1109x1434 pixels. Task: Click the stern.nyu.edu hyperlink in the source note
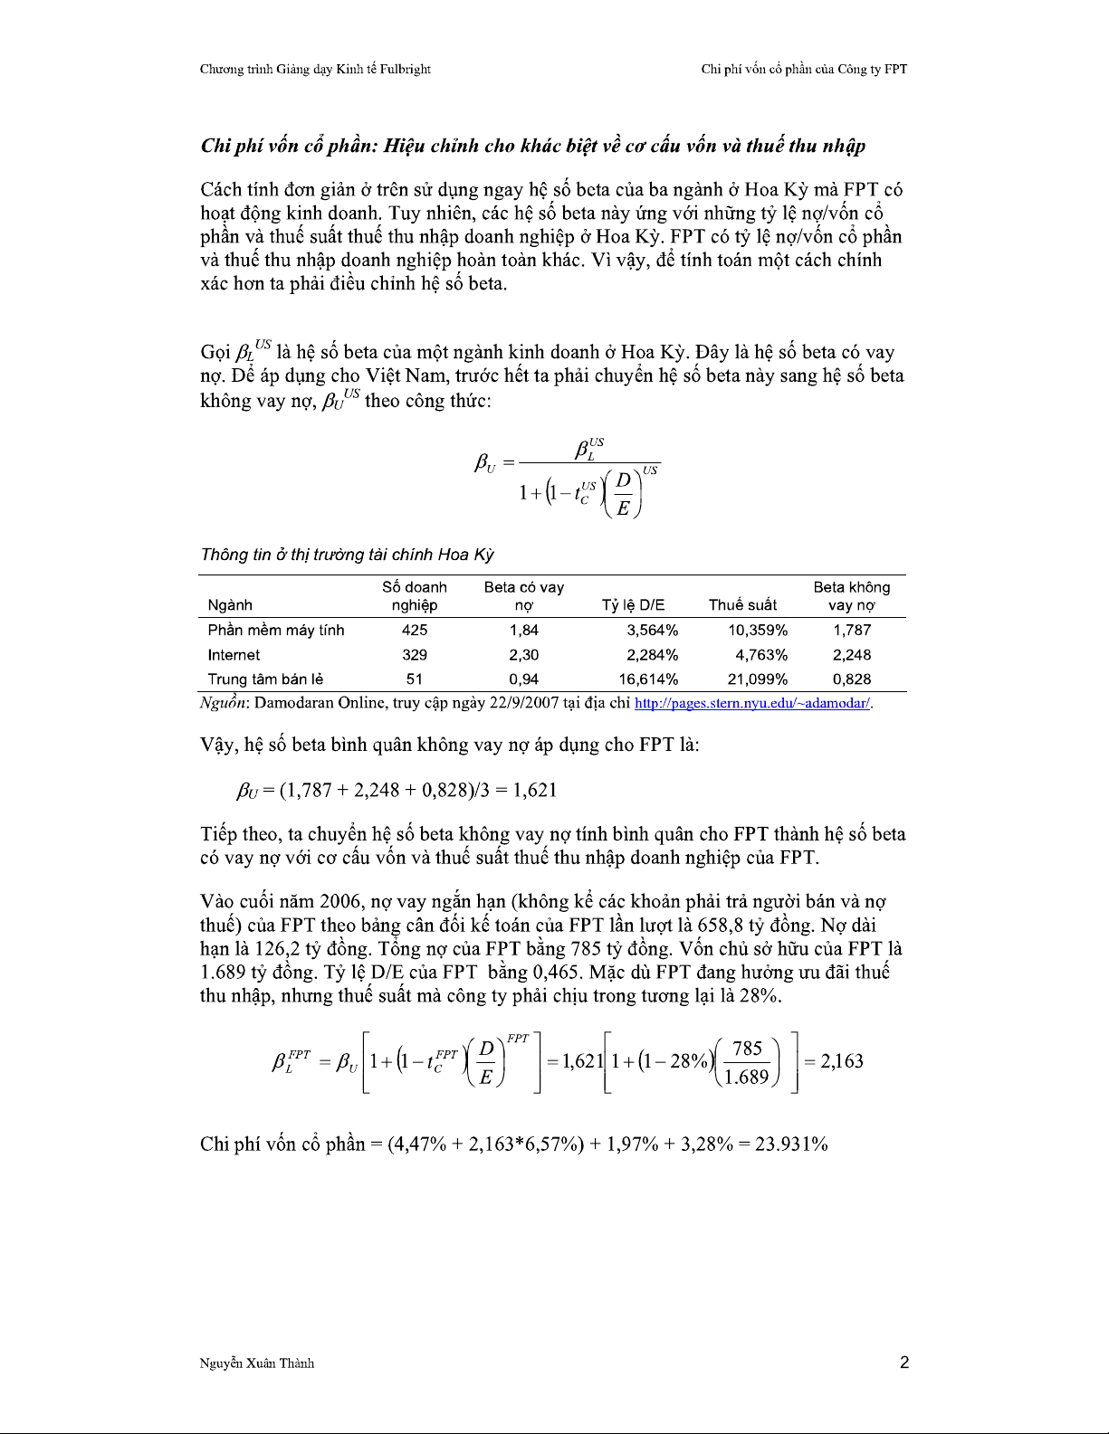(753, 703)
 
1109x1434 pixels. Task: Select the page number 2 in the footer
(904, 1363)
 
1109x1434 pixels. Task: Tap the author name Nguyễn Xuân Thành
(257, 1363)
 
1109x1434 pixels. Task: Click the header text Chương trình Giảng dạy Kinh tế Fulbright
(315, 69)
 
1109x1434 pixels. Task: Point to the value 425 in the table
(415, 631)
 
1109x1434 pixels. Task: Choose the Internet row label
(234, 655)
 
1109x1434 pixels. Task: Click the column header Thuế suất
(742, 605)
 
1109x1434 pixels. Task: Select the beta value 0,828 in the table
(852, 679)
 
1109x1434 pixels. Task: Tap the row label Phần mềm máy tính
(276, 631)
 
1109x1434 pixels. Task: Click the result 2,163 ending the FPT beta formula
(842, 1061)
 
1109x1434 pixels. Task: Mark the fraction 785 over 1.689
(747, 1062)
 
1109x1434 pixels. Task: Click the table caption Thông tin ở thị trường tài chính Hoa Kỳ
(348, 555)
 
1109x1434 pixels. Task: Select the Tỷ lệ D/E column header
(633, 605)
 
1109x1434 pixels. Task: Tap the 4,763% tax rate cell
(761, 655)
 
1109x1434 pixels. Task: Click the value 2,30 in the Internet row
(524, 655)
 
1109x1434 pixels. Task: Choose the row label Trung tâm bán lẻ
(265, 679)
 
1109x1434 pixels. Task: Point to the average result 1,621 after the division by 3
(535, 790)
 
